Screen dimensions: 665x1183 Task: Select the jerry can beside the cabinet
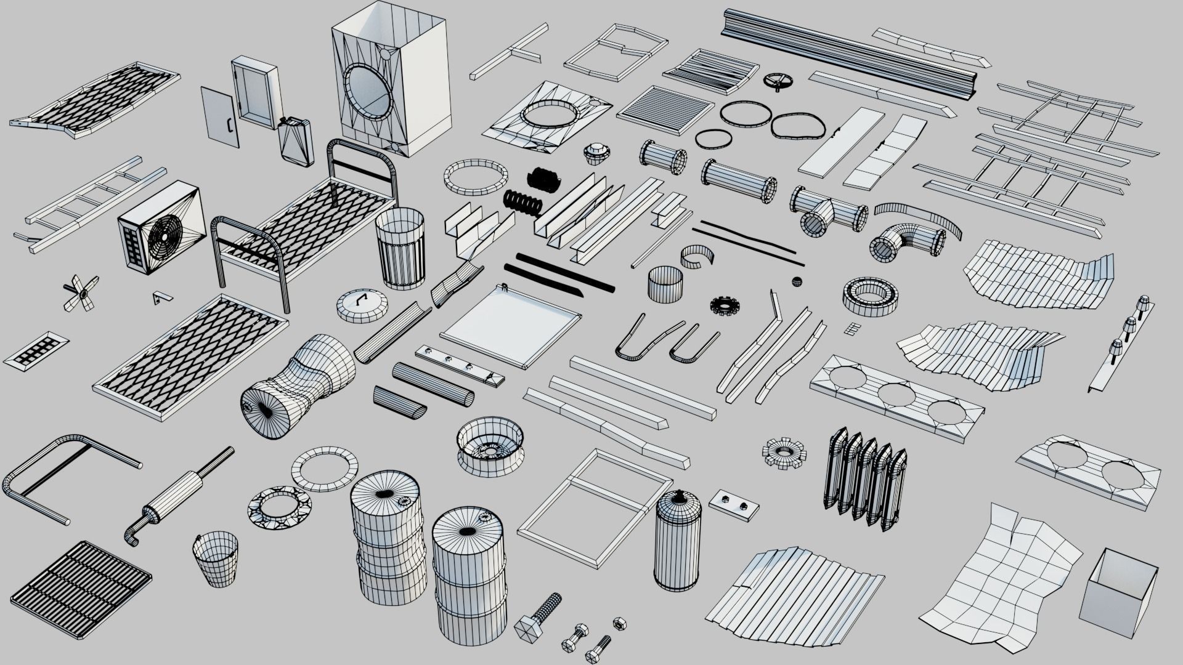294,142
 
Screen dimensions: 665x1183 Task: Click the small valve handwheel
779,81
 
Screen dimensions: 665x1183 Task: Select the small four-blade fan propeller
80,291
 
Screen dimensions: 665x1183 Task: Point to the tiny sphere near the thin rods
797,281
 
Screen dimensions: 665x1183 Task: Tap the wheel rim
491,444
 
